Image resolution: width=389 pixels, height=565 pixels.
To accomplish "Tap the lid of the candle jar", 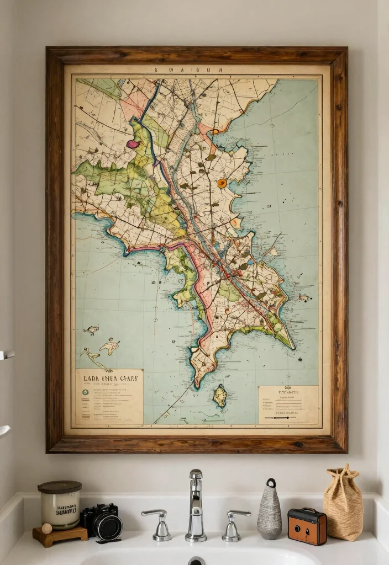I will (x=60, y=487).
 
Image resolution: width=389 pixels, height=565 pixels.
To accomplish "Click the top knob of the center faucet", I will (x=196, y=474).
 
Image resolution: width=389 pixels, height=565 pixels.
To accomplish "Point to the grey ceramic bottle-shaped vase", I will (x=270, y=513).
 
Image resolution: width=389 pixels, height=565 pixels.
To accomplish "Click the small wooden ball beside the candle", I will (x=47, y=529).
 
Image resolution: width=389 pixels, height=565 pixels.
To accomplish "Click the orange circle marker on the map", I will (x=222, y=183).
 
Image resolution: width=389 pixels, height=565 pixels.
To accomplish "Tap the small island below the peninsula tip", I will (x=220, y=396).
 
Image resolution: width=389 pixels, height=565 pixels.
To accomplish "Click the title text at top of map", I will (x=196, y=71).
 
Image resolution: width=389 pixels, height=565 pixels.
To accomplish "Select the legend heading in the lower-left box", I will (x=108, y=379).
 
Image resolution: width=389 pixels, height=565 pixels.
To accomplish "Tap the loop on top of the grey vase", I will (x=270, y=483).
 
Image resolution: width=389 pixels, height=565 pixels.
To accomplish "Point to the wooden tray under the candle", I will (x=60, y=535).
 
